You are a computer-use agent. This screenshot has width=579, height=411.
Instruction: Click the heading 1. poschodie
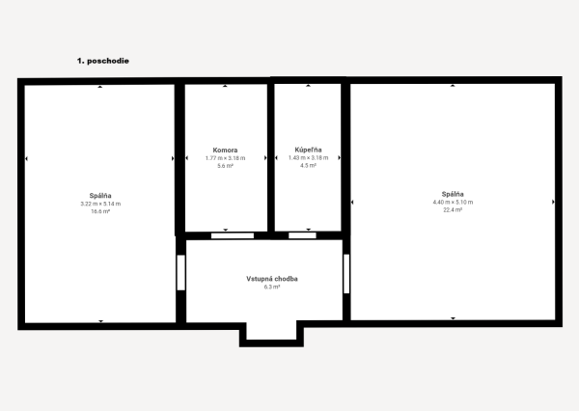click(x=103, y=60)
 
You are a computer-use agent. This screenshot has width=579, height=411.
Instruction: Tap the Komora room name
click(x=226, y=151)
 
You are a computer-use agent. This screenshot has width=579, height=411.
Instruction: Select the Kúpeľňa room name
click(x=309, y=151)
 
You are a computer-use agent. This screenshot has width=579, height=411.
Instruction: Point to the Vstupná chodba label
click(x=272, y=279)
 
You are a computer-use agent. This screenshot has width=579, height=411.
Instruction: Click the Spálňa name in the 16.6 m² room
click(x=100, y=196)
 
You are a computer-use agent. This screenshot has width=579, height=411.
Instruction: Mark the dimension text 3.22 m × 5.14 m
click(x=100, y=204)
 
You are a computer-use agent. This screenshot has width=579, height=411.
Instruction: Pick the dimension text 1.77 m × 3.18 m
click(x=226, y=158)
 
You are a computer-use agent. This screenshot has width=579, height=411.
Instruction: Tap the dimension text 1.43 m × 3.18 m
click(x=309, y=158)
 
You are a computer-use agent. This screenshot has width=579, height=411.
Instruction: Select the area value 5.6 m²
click(x=226, y=166)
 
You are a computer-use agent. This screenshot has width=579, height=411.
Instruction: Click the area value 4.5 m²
click(x=309, y=166)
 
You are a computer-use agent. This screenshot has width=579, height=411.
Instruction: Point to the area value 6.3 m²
click(x=272, y=288)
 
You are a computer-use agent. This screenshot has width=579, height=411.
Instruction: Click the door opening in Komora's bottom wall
click(x=233, y=234)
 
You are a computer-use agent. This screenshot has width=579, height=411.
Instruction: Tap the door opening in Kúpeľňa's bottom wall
click(x=302, y=234)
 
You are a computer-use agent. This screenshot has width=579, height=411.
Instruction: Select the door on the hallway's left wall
click(x=180, y=273)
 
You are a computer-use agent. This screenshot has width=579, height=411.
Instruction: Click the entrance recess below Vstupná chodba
click(x=272, y=332)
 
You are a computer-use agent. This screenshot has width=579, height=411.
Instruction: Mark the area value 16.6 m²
click(x=100, y=211)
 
